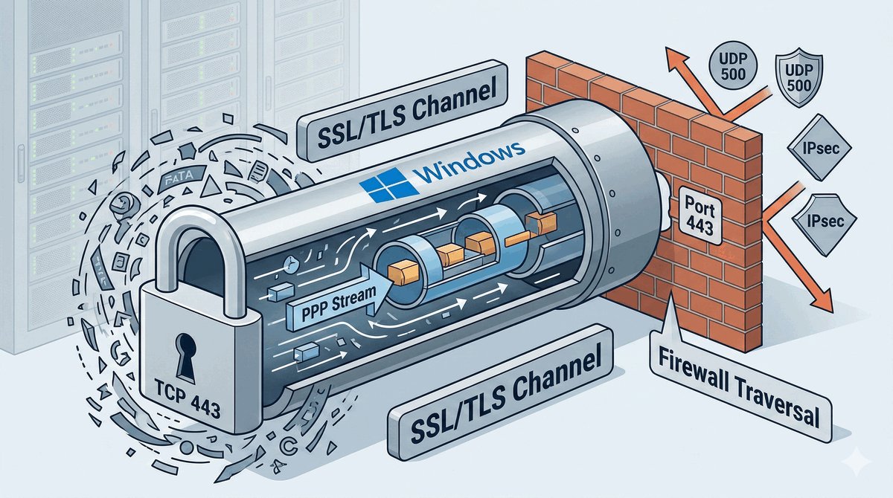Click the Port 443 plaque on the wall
700,213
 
